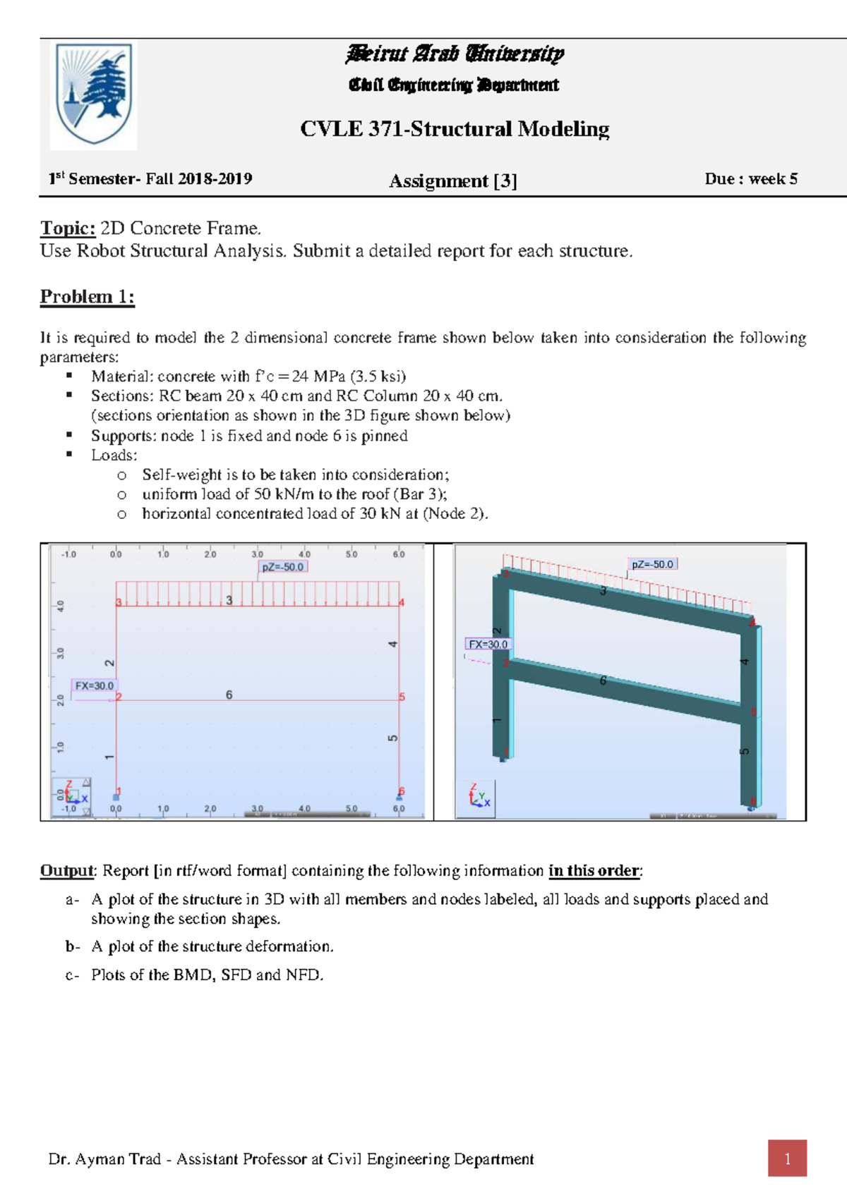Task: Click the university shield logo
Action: pos(94,94)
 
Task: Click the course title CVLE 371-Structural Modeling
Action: pos(455,129)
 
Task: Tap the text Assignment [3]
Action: pos(452,181)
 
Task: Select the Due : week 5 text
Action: pos(750,179)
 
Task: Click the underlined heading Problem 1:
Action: pos(87,296)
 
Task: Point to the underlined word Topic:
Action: pos(68,228)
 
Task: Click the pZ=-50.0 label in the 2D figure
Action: pos(282,567)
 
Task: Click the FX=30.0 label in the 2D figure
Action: pos(95,685)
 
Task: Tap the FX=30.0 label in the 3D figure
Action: pos(488,644)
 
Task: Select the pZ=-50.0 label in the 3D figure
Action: pos(652,564)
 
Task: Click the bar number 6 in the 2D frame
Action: pos(229,695)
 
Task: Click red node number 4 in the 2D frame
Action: pos(402,603)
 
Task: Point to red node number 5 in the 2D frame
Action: pos(402,697)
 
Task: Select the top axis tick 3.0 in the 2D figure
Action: pos(258,554)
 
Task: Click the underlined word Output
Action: pos(66,871)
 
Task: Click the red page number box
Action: pos(787,1159)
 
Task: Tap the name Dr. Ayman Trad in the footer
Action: pos(104,1159)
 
